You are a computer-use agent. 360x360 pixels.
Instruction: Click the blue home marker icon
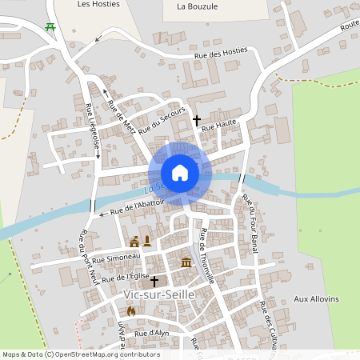[180, 172]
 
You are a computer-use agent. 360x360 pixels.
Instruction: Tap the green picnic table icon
[50, 26]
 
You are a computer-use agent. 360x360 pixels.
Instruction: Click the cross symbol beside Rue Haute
[197, 120]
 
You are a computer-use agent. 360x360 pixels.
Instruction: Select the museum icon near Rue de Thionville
[186, 263]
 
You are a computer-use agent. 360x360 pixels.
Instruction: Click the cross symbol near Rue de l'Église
[154, 282]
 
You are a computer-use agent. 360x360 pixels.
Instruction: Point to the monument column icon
[147, 241]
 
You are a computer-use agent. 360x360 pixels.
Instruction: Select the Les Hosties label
[98, 4]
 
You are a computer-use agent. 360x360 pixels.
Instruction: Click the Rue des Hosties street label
[222, 54]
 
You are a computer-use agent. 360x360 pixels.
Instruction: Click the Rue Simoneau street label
[110, 259]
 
